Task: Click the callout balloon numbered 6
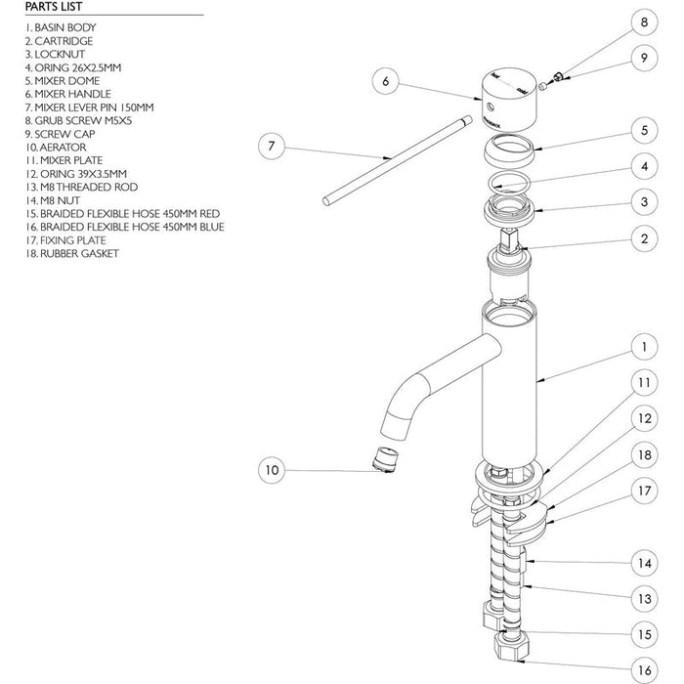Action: [x=386, y=82]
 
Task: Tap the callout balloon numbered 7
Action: [x=272, y=147]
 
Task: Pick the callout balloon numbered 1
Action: [x=644, y=346]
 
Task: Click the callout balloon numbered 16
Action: [x=644, y=669]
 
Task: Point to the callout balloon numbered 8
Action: [x=644, y=21]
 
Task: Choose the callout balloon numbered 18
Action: [x=644, y=454]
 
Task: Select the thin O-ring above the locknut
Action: [x=506, y=181]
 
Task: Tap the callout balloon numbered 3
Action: [x=644, y=202]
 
